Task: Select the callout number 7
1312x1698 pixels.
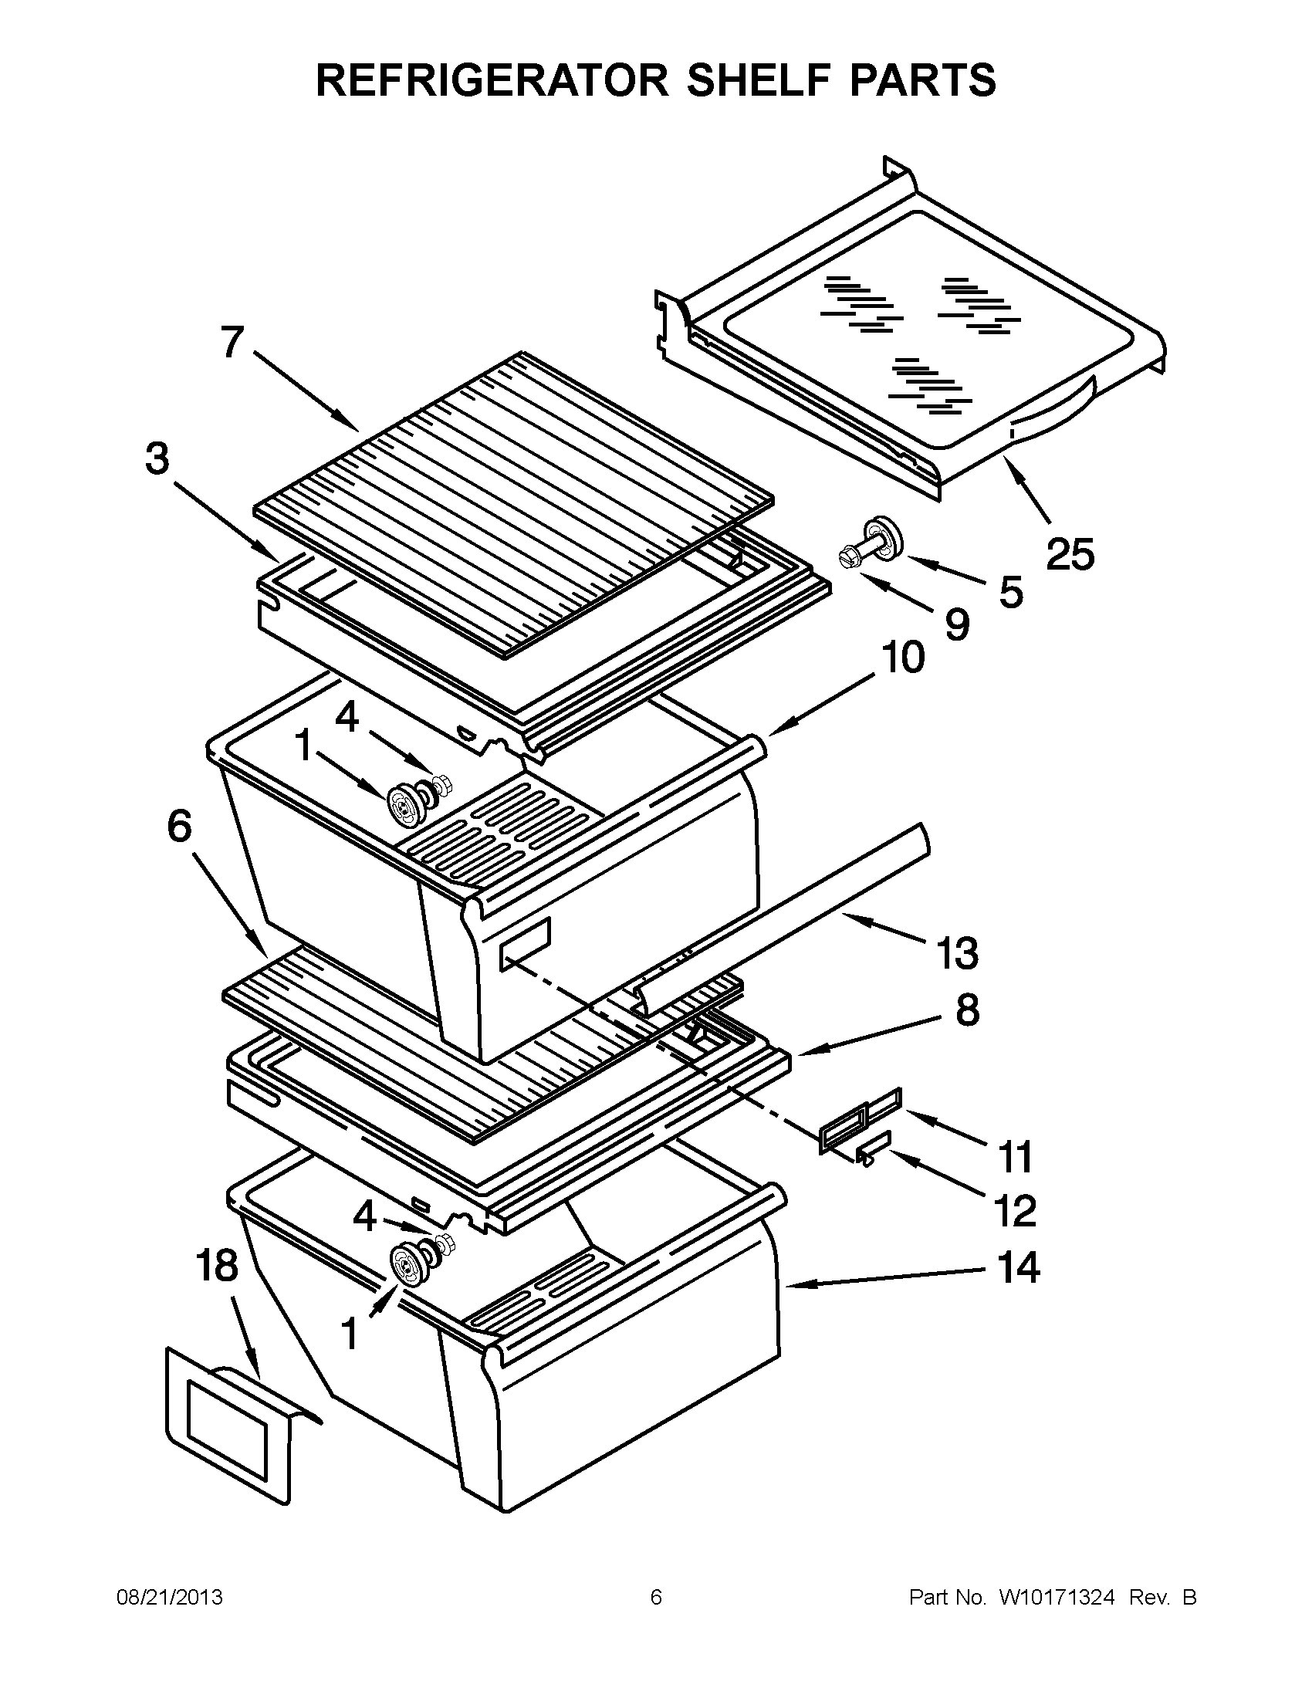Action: [232, 342]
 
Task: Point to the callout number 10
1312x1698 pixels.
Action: [901, 658]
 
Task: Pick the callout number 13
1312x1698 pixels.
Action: [957, 953]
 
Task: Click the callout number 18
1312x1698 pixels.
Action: [216, 1266]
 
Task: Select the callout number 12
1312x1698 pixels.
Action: [1015, 1210]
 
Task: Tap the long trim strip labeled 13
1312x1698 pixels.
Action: [785, 922]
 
